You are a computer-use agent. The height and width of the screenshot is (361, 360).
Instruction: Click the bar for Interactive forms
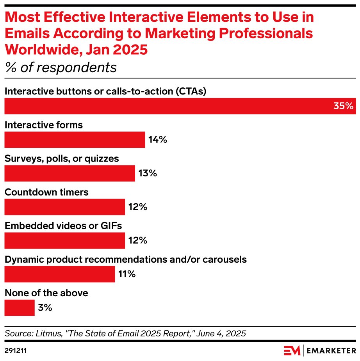pyautogui.click(x=75, y=140)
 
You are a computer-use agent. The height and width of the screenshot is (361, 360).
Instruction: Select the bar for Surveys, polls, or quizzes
pyautogui.click(x=70, y=173)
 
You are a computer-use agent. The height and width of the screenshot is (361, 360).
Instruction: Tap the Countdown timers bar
pyautogui.click(x=64, y=207)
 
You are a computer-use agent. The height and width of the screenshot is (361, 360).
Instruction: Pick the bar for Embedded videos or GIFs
pyautogui.click(x=64, y=240)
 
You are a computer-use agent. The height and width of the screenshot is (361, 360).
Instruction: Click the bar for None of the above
pyautogui.click(x=20, y=308)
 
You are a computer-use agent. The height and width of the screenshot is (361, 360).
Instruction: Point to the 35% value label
pyautogui.click(x=343, y=106)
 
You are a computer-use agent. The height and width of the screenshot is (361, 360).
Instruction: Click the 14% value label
pyautogui.click(x=158, y=140)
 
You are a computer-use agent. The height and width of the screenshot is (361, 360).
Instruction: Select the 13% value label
pyautogui.click(x=147, y=173)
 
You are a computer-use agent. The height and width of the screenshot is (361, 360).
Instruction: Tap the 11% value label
pyautogui.click(x=127, y=274)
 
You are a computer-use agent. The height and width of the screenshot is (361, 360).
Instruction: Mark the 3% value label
pyautogui.click(x=45, y=308)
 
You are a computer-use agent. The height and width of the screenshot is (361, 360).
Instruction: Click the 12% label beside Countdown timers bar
pyautogui.click(x=137, y=207)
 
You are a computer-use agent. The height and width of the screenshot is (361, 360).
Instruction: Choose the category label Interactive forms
pyautogui.click(x=43, y=125)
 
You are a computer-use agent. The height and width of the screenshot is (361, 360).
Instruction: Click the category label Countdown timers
pyautogui.click(x=46, y=192)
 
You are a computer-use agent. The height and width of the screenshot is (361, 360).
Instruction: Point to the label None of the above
pyautogui.click(x=46, y=293)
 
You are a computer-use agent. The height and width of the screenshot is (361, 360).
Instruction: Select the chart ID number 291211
pyautogui.click(x=16, y=350)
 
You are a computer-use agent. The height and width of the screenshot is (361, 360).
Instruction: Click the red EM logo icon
pyautogui.click(x=292, y=350)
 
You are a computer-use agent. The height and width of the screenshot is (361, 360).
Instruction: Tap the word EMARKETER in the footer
pyautogui.click(x=331, y=350)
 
